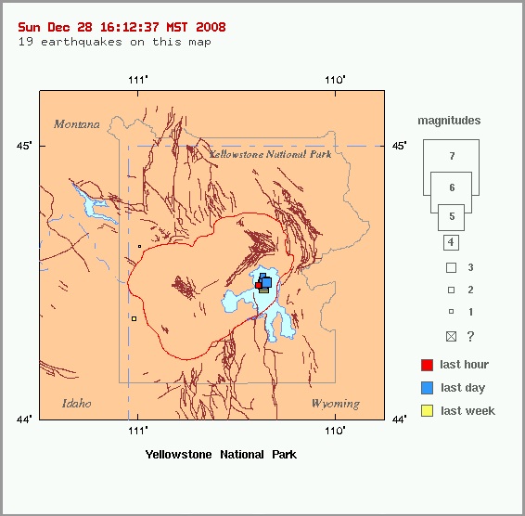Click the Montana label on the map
coord(76,124)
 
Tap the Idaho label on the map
coord(77,404)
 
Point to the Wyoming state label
coord(335,404)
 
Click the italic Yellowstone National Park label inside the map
coord(270,154)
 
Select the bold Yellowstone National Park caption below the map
coord(221,455)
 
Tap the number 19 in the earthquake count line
coord(25,42)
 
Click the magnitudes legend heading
coord(449,121)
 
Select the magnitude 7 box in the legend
coord(451,156)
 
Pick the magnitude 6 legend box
coord(451,187)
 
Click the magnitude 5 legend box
coord(451,217)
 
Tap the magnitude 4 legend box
coord(451,242)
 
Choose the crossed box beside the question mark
coord(451,336)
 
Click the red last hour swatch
coord(427,365)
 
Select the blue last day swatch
coord(427,388)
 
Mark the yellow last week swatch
coord(427,411)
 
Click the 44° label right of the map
coord(399,419)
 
